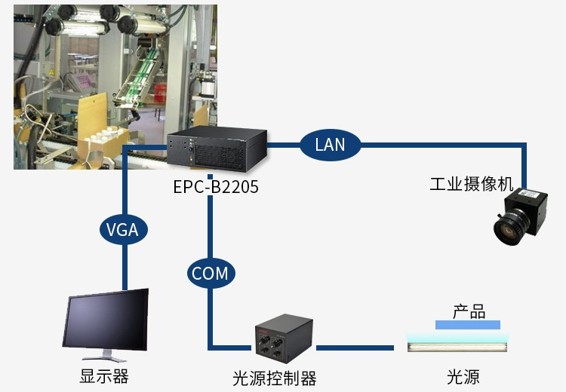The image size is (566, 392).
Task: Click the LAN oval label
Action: click(x=330, y=144)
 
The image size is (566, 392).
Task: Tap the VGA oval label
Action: click(x=122, y=229)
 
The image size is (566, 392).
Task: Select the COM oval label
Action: click(x=210, y=273)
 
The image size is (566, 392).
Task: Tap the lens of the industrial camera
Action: click(x=508, y=231)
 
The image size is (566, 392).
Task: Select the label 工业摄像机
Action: click(x=471, y=185)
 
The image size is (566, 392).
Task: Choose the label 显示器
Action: click(x=104, y=377)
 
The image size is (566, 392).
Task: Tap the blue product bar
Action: click(x=468, y=324)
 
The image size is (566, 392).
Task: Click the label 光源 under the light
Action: click(x=463, y=377)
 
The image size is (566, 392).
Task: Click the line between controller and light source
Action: click(x=355, y=348)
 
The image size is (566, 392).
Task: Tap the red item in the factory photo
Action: click(x=161, y=93)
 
